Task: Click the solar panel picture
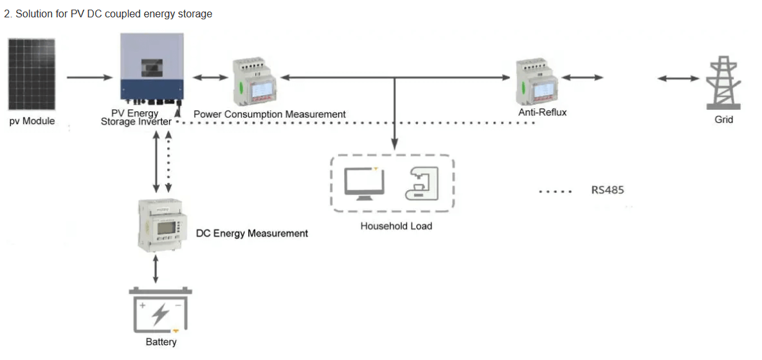(31, 75)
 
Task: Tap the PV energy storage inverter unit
(152, 69)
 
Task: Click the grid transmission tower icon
(723, 82)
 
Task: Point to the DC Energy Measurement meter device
(161, 224)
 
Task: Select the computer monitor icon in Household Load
(363, 184)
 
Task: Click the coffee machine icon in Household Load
(421, 184)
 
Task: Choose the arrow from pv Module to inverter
(89, 77)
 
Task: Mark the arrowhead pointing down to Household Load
(395, 144)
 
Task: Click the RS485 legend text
(608, 190)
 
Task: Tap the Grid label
(723, 119)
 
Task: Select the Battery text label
(161, 342)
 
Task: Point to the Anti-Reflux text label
(542, 113)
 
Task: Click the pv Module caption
(32, 121)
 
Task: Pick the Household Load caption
(396, 226)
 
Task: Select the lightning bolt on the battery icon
(160, 315)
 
